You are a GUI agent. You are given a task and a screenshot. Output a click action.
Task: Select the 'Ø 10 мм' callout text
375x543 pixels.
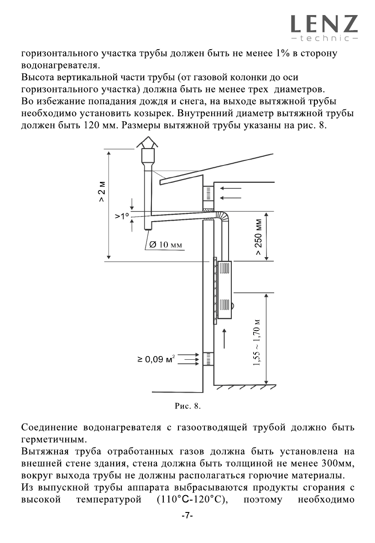165,245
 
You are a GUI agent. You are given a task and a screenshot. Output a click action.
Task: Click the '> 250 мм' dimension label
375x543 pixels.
259,239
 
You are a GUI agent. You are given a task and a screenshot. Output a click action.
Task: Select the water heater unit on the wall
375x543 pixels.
224,290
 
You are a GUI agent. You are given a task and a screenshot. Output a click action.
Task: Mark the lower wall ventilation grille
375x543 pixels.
208,359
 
